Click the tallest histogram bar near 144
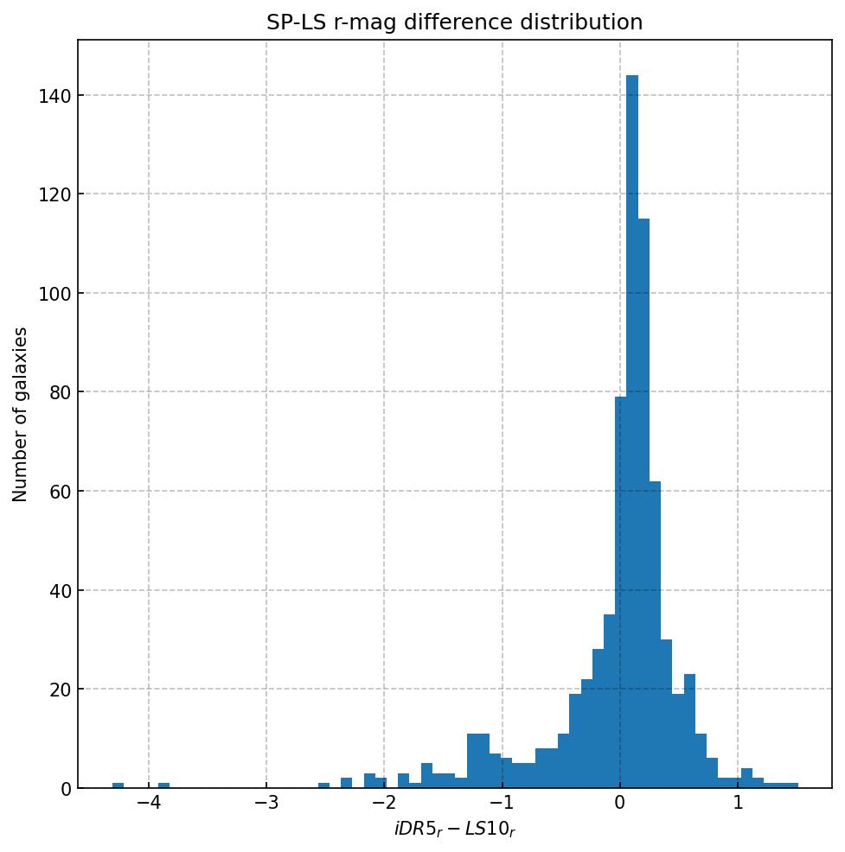[x=632, y=432]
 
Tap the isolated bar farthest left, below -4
[x=118, y=785]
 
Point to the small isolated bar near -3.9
[x=164, y=785]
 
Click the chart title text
[x=454, y=22]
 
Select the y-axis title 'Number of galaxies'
[x=21, y=414]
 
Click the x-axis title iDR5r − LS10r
[x=454, y=830]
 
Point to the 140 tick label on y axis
[x=55, y=95]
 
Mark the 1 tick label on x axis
[x=738, y=804]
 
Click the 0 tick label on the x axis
[x=620, y=804]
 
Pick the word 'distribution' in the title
[x=589, y=22]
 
